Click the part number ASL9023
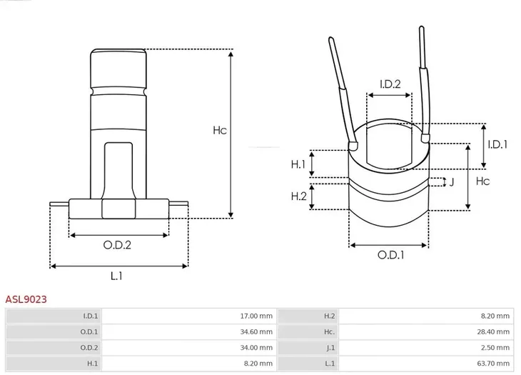[x=26, y=300]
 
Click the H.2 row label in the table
[x=329, y=316]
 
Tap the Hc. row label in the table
[x=329, y=331]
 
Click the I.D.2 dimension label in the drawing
[x=389, y=84]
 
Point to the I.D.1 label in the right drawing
[x=497, y=144]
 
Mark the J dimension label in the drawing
[x=452, y=181]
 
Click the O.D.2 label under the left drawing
[x=117, y=244]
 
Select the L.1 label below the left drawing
[x=117, y=276]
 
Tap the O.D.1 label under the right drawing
[x=390, y=254]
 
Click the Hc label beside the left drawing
[x=220, y=131]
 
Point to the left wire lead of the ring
[x=341, y=89]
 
